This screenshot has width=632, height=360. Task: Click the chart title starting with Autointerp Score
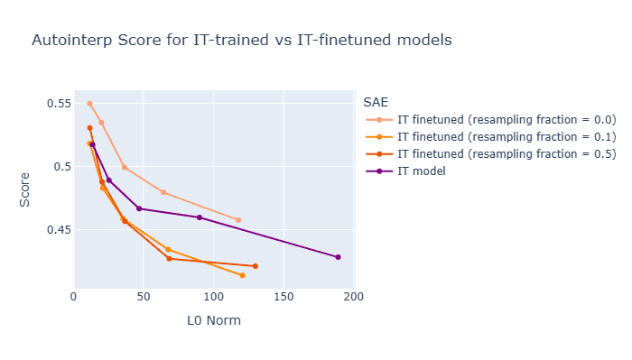(241, 41)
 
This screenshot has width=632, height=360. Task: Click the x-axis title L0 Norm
(214, 320)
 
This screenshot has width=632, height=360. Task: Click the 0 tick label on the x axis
(74, 295)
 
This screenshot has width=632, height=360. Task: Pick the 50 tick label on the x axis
(144, 295)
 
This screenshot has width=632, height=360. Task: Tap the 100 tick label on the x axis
(213, 295)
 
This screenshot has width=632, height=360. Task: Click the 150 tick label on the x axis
(283, 295)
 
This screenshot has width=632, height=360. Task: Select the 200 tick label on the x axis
(353, 295)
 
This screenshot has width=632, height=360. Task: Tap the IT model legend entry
(428, 171)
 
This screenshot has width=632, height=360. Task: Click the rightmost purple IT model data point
(338, 257)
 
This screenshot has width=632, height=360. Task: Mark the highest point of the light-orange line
(89, 104)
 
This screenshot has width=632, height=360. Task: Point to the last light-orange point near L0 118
(238, 220)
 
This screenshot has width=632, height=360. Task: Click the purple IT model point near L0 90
(200, 217)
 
